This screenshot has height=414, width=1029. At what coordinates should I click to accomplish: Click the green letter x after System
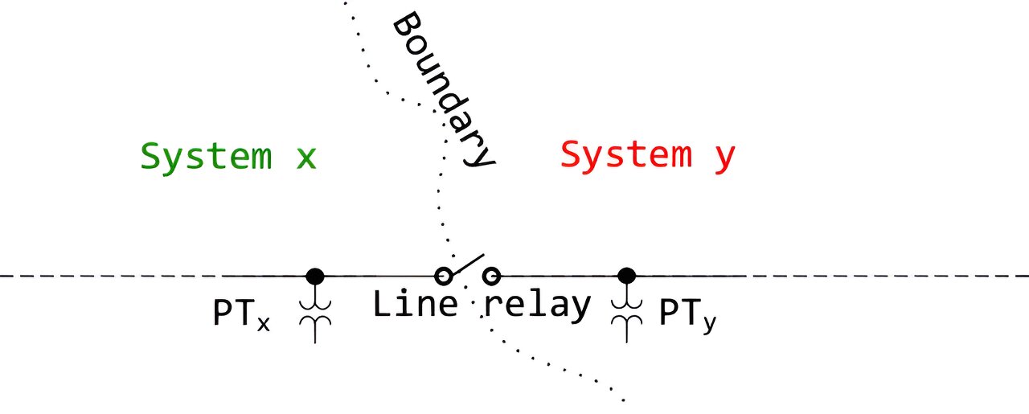pos(305,158)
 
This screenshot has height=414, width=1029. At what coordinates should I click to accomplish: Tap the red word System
pos(625,154)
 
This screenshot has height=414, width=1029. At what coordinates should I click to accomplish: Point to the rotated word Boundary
pos(443,89)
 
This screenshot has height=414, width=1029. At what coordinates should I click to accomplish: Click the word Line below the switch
pos(415,304)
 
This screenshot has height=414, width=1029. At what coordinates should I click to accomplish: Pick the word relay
pos(537,305)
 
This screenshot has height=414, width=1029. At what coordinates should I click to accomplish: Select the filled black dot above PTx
pos(315,276)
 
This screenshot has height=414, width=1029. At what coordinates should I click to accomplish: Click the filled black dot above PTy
pos(626,276)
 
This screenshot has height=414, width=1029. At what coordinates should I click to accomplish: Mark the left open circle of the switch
pos(441,277)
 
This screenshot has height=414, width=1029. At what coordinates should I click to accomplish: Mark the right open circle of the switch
pos(491,277)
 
